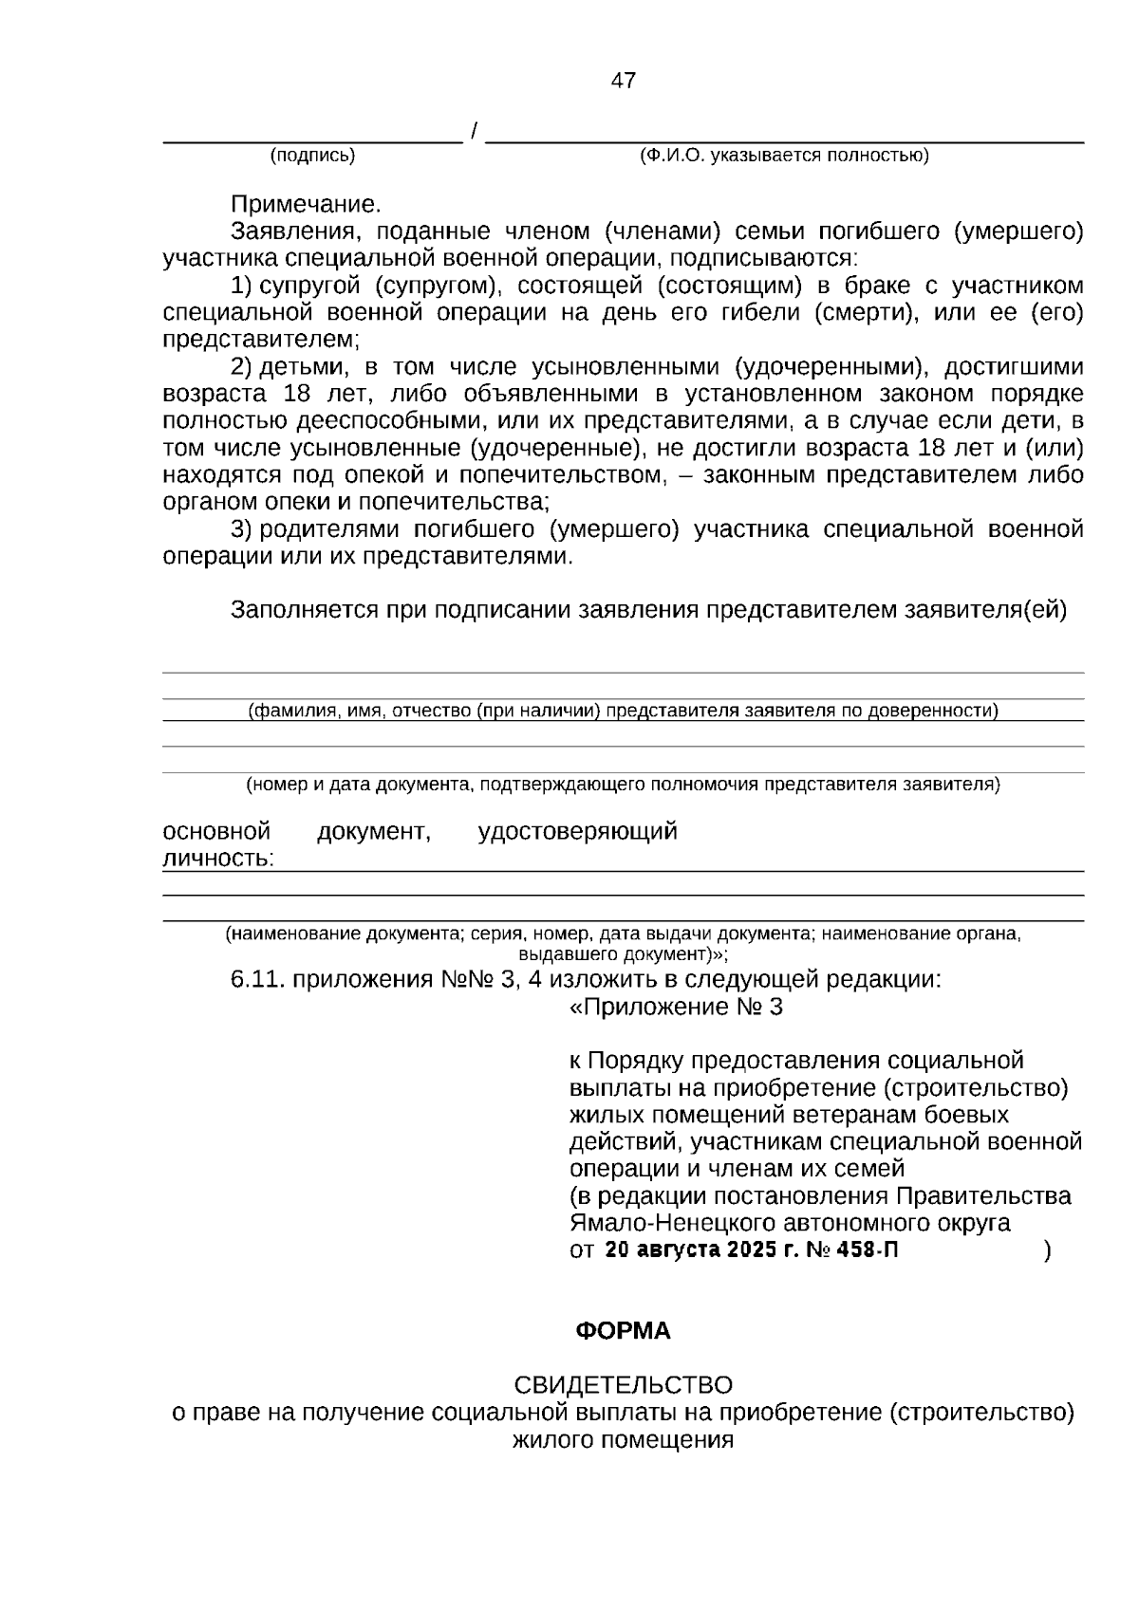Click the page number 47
624,81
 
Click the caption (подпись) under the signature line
312,156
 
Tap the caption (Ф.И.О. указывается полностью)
784,156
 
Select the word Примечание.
305,204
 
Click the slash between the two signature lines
474,131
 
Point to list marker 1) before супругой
241,286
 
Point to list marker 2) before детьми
241,367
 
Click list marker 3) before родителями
241,529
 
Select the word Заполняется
304,611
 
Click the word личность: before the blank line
218,860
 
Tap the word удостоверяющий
577,832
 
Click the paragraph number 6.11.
258,980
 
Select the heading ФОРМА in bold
623,1331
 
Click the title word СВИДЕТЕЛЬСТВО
623,1385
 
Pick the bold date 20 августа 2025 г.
702,1250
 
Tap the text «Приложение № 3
676,1008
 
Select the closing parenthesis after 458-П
1047,1251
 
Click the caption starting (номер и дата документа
623,785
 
